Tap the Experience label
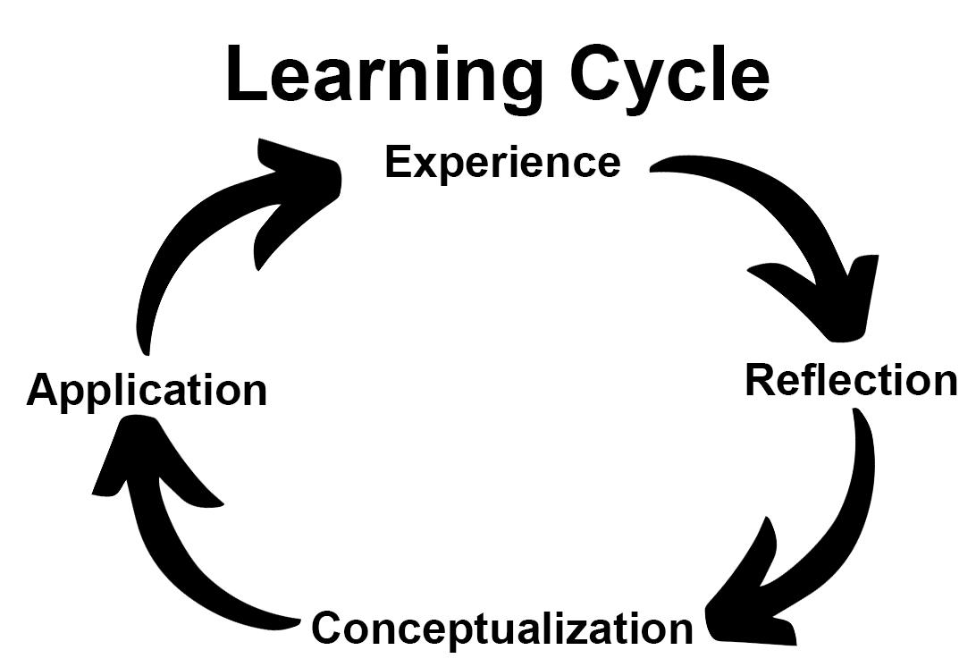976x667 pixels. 502,164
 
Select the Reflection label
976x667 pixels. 851,380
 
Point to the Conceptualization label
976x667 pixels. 502,628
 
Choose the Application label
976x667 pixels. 147,391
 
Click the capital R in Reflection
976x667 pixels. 761,380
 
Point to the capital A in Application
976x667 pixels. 43,391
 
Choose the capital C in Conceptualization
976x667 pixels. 328,628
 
